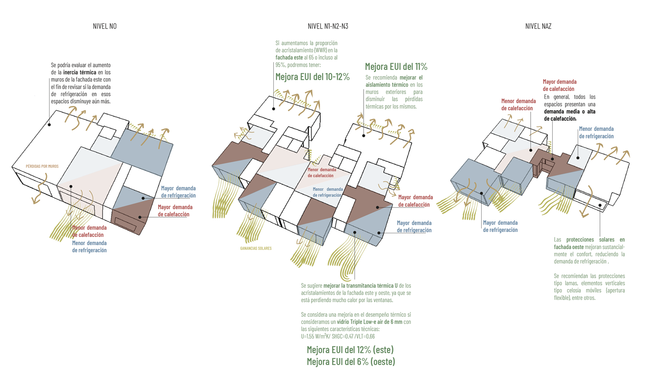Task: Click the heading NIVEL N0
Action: pos(105,26)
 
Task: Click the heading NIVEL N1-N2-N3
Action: pos(328,26)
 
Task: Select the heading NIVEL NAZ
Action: pos(538,26)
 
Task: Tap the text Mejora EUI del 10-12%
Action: pos(312,77)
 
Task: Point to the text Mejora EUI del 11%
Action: pos(396,67)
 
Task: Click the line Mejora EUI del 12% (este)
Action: pos(350,350)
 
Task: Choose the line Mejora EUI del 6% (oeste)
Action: pos(351,362)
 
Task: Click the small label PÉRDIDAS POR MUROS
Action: pos(42,166)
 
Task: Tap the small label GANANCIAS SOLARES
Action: pos(256,249)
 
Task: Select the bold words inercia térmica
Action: pos(79,72)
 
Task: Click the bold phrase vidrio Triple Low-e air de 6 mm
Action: pos(369,322)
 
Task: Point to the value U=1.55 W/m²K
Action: pos(315,337)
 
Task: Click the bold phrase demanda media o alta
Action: pos(569,112)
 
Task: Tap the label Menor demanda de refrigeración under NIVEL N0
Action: pos(89,246)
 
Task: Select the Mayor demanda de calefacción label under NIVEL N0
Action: pos(175,211)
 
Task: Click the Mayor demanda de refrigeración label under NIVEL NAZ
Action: pos(500,226)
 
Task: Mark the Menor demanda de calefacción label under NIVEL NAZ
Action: pos(518,105)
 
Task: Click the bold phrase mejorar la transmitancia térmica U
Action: pos(361,286)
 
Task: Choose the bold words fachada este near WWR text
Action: pos(289,58)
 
